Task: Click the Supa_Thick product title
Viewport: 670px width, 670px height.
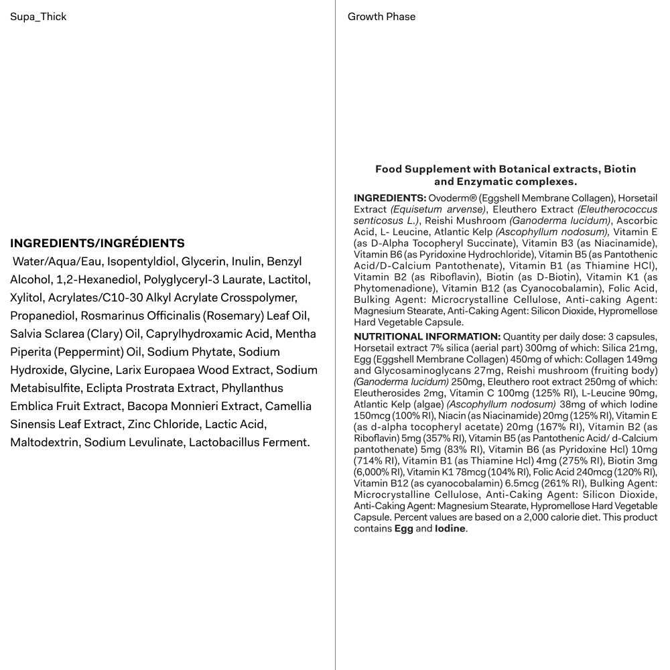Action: pyautogui.click(x=38, y=17)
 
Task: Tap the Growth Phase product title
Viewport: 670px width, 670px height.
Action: pyautogui.click(x=381, y=17)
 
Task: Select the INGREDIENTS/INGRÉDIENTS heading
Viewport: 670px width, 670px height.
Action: pyautogui.click(x=97, y=243)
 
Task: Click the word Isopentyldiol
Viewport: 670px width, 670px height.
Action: pyautogui.click(x=143, y=261)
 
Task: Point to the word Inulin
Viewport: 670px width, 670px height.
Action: pyautogui.click(x=246, y=261)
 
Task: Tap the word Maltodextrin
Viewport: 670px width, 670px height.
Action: pyautogui.click(x=44, y=442)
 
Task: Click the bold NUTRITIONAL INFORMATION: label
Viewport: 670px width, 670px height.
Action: pyautogui.click(x=427, y=336)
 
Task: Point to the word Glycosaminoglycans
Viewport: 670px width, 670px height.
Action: pyautogui.click(x=430, y=371)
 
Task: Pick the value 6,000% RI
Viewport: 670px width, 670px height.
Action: pyautogui.click(x=379, y=472)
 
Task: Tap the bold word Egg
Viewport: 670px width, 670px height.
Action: pyautogui.click(x=403, y=529)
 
